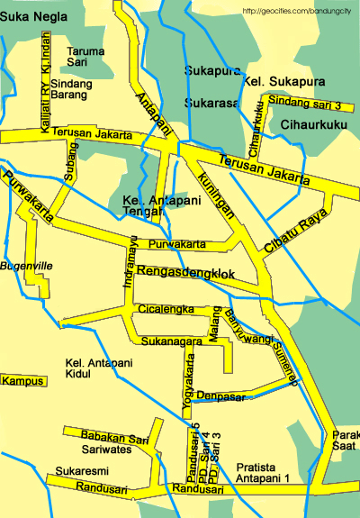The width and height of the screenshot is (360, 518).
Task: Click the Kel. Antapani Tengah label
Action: click(148, 205)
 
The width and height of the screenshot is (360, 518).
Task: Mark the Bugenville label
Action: click(27, 266)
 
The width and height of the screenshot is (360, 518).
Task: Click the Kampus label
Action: click(22, 381)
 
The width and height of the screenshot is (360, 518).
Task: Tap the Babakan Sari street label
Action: click(114, 439)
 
